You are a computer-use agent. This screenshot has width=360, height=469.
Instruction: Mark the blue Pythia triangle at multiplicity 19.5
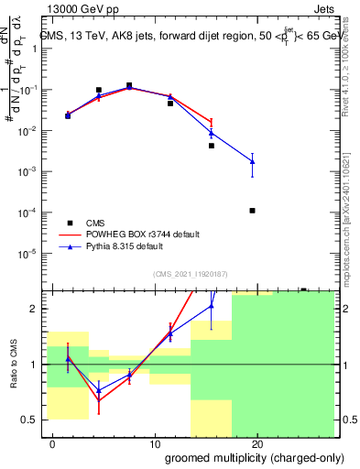252,161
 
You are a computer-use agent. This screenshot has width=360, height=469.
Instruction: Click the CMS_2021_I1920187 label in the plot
189,274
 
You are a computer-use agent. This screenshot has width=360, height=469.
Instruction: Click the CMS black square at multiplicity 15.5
211,146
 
